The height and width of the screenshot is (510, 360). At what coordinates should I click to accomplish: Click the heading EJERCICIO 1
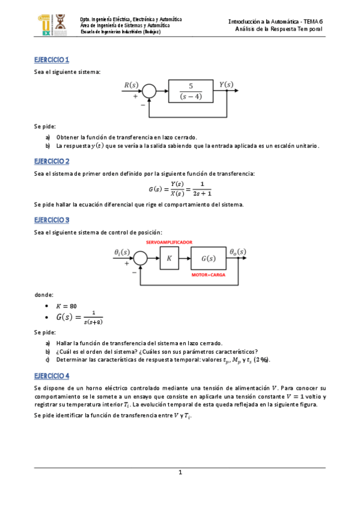52,60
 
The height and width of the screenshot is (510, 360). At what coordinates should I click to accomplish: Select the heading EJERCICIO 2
52,161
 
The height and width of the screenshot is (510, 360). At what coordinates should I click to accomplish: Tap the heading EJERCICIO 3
52,220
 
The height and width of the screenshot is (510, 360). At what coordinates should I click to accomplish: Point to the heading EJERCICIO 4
52,375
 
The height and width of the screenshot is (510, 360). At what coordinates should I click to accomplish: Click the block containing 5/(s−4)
191,91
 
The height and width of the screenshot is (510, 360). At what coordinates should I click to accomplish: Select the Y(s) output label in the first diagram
227,85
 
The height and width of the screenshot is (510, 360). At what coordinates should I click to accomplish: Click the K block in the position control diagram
169,258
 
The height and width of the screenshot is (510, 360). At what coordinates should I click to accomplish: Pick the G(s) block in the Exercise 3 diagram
209,258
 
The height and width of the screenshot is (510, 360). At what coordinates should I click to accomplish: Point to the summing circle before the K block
140,258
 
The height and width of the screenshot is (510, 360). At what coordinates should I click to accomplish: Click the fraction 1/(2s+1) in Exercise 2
202,188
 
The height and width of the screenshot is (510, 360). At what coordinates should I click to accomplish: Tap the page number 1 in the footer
180,473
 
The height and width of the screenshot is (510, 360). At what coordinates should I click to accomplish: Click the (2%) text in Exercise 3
261,360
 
